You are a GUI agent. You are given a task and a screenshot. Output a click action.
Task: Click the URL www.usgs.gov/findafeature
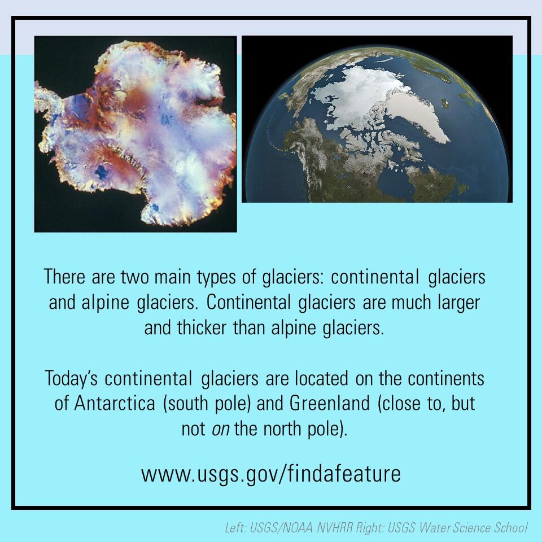click(271, 473)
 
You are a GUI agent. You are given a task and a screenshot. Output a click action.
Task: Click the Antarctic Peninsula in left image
click(54, 104)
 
